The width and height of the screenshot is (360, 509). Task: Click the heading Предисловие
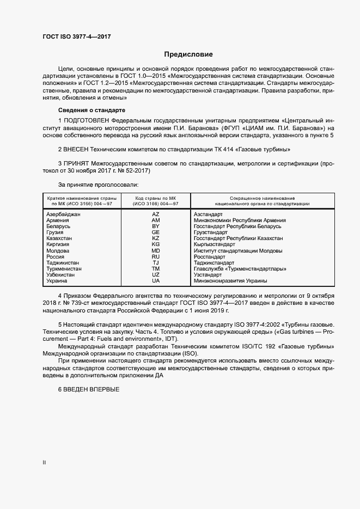[x=188, y=54]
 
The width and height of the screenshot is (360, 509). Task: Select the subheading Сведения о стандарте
[x=84, y=109]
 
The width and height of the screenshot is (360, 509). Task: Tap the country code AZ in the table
[x=155, y=214]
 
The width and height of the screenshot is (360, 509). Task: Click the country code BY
[x=155, y=226]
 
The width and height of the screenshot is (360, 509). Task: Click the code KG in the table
[x=155, y=244]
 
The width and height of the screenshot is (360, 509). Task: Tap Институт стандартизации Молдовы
[x=238, y=250]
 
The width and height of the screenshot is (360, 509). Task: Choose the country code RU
[x=155, y=256]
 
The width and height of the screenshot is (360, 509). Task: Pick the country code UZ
[x=155, y=274]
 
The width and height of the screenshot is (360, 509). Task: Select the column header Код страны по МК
[x=155, y=197]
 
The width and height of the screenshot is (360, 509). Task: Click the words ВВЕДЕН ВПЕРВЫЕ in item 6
[x=91, y=389]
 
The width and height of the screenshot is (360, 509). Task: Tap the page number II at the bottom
[x=45, y=463]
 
